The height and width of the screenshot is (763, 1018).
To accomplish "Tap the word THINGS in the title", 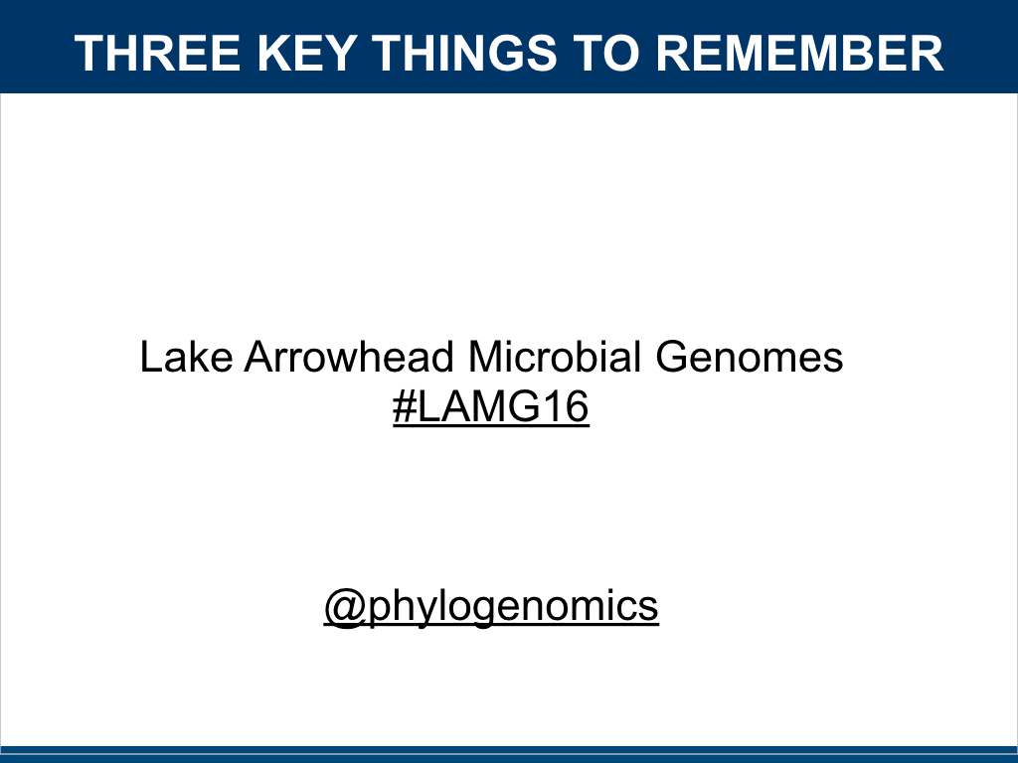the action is point(465,53).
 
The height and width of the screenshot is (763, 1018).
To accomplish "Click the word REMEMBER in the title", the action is point(799,53).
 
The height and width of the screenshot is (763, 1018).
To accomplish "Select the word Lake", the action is point(186,357).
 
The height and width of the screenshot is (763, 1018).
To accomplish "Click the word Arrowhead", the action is point(348,357).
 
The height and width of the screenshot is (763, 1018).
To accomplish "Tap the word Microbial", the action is point(555,357).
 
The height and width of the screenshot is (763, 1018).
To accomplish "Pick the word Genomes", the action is point(750,357).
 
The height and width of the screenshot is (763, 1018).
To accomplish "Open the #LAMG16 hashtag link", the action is point(491,407).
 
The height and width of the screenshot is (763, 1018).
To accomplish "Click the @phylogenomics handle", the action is point(491,605).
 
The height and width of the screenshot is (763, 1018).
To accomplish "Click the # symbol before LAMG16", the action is point(404,407).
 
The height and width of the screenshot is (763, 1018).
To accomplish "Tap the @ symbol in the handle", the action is point(344,607).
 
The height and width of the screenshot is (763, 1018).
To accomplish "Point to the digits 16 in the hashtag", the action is point(568,407).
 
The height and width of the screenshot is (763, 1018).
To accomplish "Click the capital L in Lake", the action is point(151,357).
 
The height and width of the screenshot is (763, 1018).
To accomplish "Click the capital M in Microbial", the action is point(484,357).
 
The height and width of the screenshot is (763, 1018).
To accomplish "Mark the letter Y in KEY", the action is point(340,53).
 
